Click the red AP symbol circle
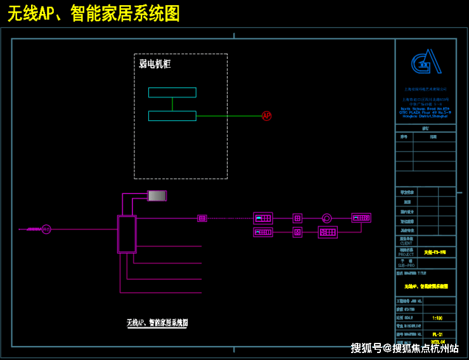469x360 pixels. click(x=266, y=116)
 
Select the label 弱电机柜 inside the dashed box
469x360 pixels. click(x=155, y=64)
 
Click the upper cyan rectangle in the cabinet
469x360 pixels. click(x=172, y=93)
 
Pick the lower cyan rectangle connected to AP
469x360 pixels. click(x=172, y=116)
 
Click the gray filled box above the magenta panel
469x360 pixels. click(x=157, y=196)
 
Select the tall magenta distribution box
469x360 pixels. click(x=127, y=234)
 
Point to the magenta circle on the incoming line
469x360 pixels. click(x=46, y=229)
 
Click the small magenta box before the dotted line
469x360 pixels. click(x=202, y=218)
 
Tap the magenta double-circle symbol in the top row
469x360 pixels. click(x=327, y=218)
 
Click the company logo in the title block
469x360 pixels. click(x=425, y=63)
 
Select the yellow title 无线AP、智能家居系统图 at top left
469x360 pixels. click(x=93, y=13)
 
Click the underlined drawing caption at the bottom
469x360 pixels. click(x=157, y=323)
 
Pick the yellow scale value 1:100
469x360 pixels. click(x=437, y=318)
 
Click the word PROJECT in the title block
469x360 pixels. click(x=406, y=255)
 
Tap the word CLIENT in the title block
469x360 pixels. click(x=406, y=243)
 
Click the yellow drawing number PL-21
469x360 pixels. click(x=437, y=333)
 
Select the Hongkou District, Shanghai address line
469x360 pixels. click(x=425, y=116)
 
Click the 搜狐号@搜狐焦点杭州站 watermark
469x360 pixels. click(x=405, y=348)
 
